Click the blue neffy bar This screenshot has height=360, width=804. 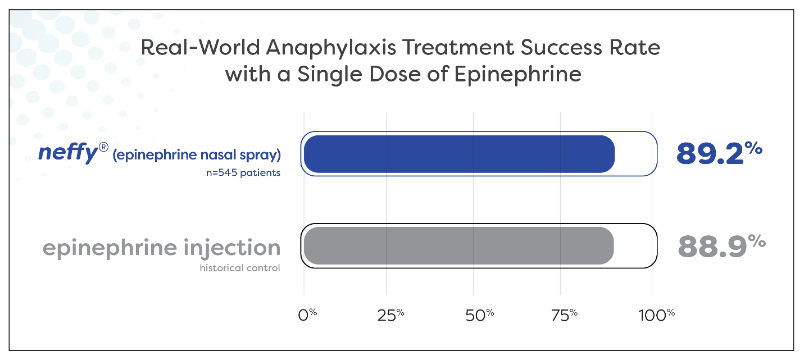click(x=459, y=154)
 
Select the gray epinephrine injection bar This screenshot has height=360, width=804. click(x=458, y=245)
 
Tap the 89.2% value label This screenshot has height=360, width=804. click(x=719, y=153)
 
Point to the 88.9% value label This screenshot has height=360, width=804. click(x=721, y=245)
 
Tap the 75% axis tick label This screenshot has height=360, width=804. click(x=564, y=315)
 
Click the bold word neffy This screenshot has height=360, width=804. click(x=64, y=154)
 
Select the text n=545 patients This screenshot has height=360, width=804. click(x=243, y=173)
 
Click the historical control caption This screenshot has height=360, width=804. click(x=239, y=268)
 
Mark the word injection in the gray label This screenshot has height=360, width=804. click(x=228, y=248)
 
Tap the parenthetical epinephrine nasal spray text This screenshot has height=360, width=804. click(x=197, y=154)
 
